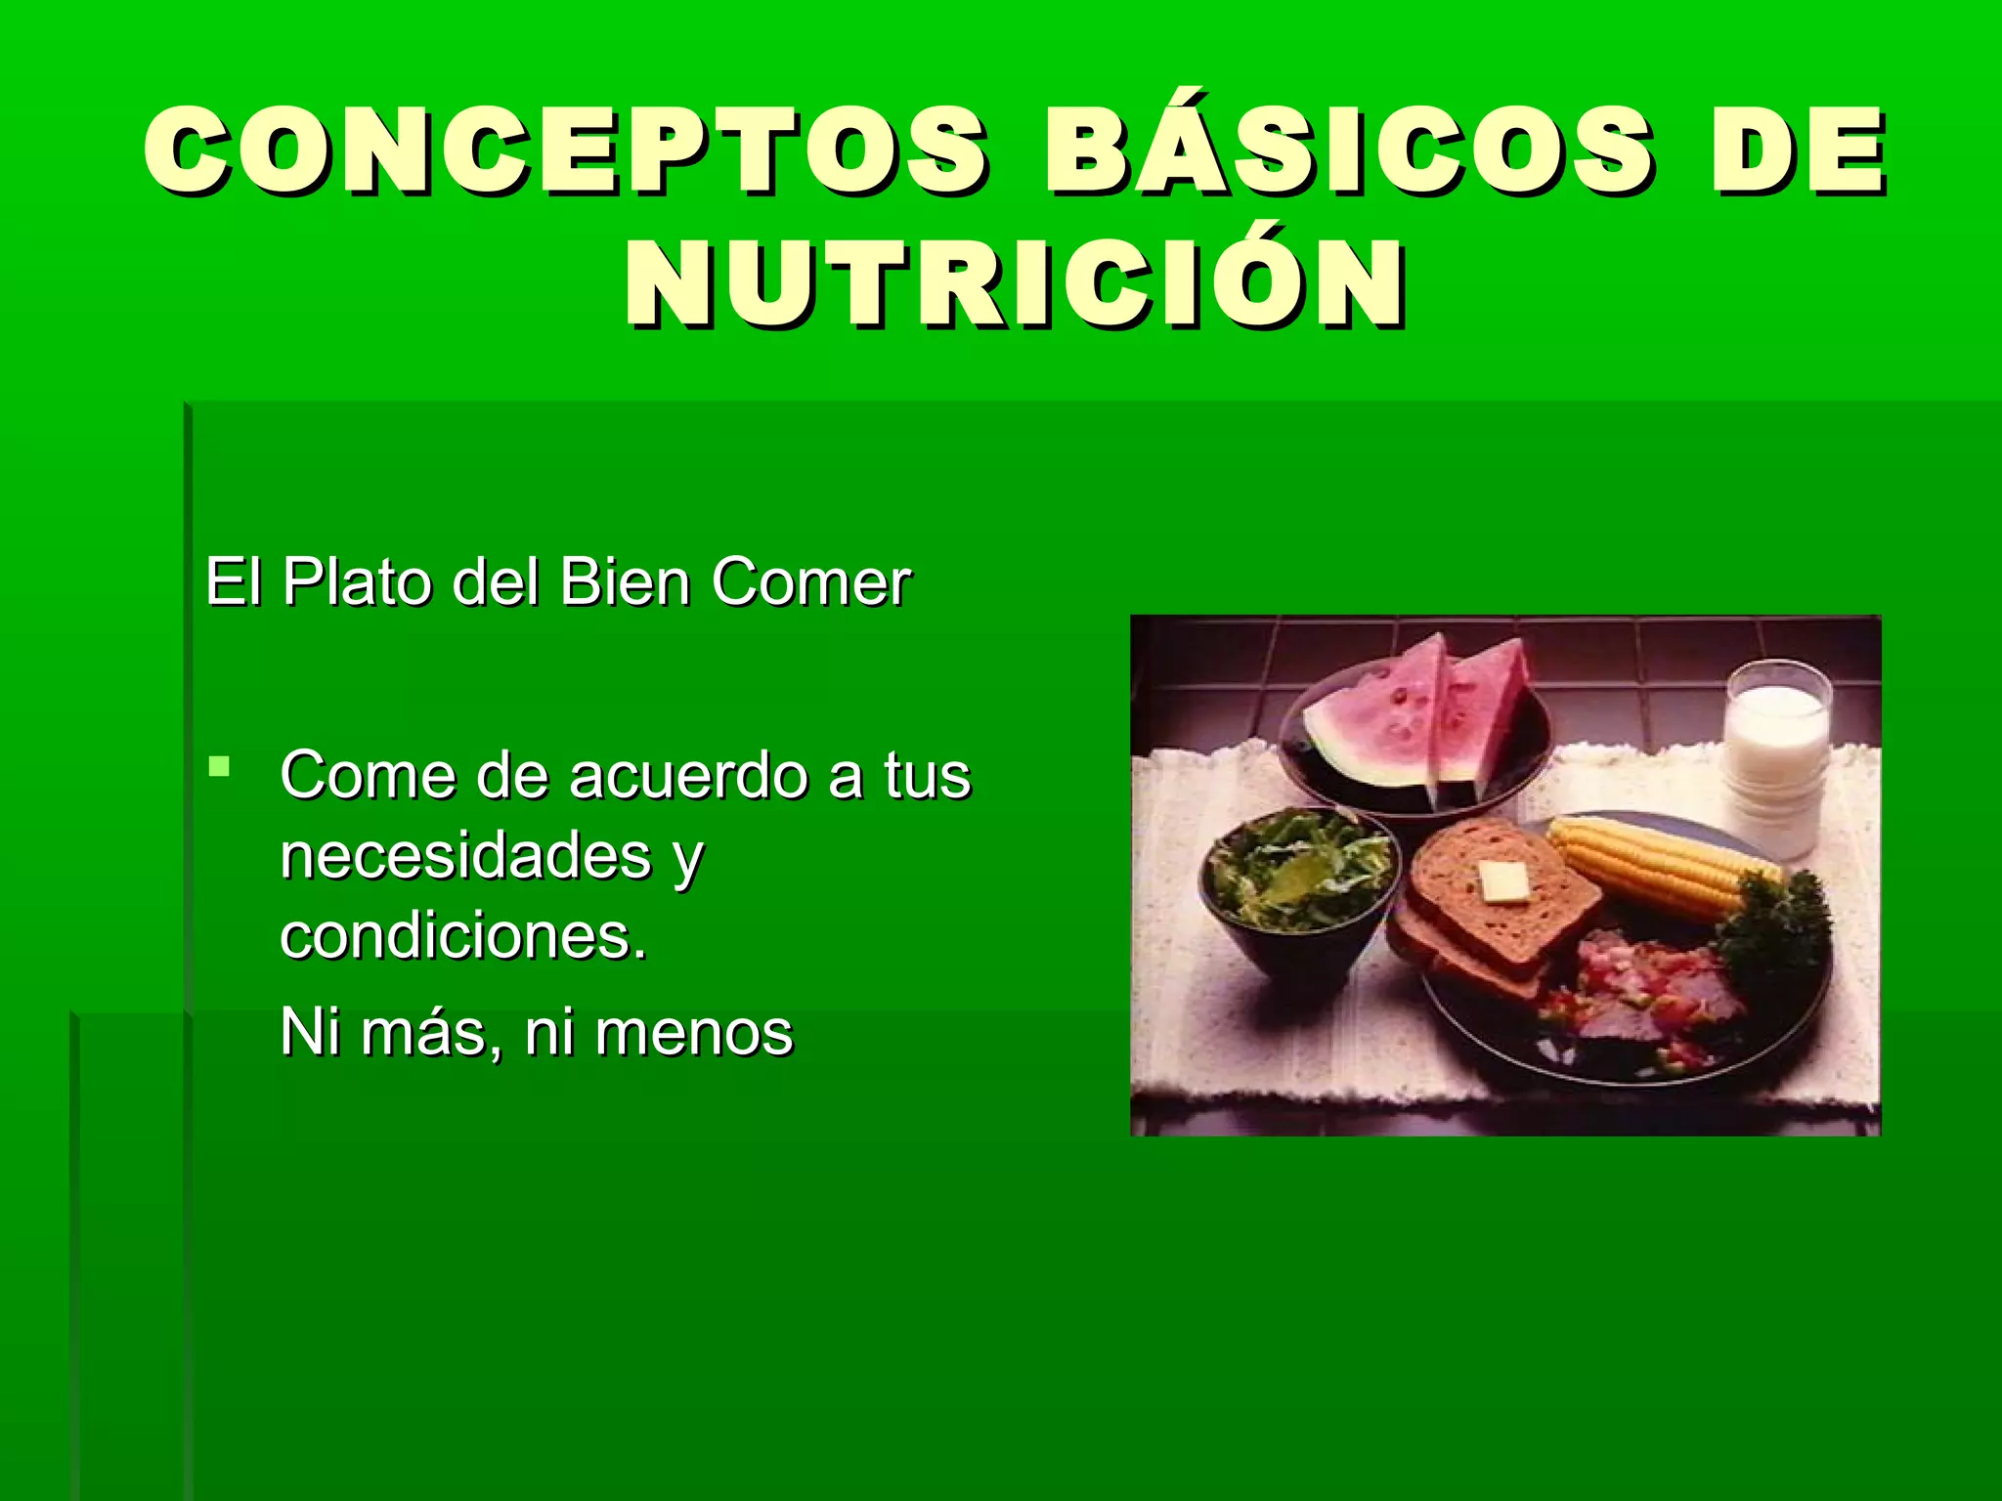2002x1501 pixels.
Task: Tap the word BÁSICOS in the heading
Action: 1348,151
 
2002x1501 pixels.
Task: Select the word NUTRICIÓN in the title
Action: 1017,285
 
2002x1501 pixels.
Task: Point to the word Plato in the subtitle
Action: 357,582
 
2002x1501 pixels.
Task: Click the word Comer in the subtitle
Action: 810,582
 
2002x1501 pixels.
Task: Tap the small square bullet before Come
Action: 219,765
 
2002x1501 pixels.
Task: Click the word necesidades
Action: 465,856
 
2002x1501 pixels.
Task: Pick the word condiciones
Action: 463,936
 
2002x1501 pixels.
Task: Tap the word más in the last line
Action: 424,1033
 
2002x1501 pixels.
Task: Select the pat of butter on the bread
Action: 1501,882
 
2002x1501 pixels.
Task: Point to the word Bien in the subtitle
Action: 625,582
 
